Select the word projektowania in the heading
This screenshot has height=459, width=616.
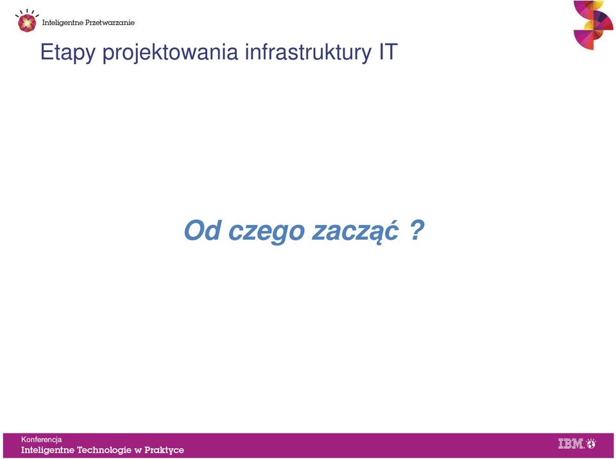(170, 53)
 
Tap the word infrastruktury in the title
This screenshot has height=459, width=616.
(308, 53)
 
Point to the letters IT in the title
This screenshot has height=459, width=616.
(389, 51)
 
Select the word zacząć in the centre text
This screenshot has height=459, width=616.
(355, 231)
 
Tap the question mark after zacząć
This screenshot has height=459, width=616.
(417, 230)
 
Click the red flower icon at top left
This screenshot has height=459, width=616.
(27, 23)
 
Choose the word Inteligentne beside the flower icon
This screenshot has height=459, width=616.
(62, 23)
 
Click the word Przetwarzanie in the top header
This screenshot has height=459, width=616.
(110, 22)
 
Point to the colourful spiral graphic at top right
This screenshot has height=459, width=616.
(593, 25)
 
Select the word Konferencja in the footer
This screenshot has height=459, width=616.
(41, 440)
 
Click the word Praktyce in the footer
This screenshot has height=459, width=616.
(164, 450)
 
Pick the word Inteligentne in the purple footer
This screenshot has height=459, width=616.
(47, 450)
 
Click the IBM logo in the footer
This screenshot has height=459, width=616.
(571, 444)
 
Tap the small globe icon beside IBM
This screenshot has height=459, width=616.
(591, 444)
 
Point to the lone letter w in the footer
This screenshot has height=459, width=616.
(138, 451)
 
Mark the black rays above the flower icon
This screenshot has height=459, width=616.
(27, 13)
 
